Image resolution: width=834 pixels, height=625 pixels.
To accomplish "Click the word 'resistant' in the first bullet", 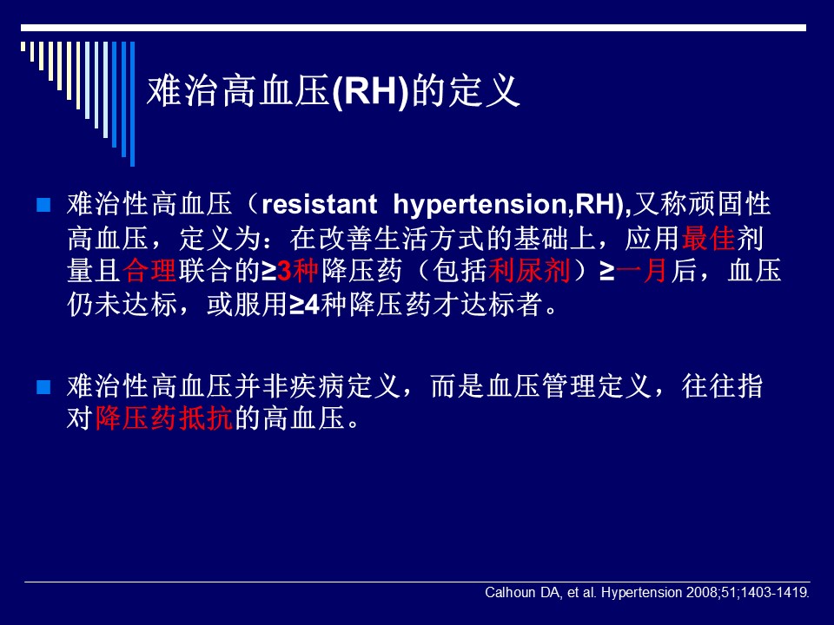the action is (319, 205).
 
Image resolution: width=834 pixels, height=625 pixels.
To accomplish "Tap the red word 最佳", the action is (708, 238).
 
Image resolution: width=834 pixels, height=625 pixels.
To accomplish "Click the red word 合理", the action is (149, 270).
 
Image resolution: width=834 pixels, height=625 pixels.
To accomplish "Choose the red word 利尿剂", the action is (529, 270).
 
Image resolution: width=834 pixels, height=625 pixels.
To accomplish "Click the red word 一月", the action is (641, 270).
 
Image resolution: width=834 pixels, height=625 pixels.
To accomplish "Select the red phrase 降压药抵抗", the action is (164, 418).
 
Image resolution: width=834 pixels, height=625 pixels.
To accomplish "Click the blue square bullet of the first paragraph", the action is (43, 205).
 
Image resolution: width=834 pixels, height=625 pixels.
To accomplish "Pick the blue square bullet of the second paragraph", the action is (43, 387).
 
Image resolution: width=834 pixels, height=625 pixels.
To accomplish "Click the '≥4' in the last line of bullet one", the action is (304, 305).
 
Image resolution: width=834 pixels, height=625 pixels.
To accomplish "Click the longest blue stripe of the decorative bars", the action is (132, 103).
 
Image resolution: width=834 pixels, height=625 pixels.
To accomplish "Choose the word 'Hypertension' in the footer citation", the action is (641, 593).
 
